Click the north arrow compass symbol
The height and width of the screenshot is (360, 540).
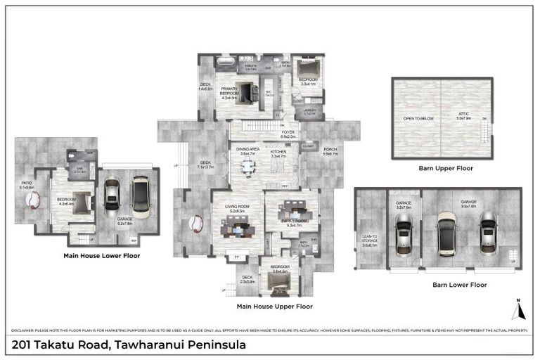(x=516, y=309)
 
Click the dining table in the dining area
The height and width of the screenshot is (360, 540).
(x=247, y=167)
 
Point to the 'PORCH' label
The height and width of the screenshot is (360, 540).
(x=329, y=151)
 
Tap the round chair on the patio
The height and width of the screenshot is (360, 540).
(x=32, y=200)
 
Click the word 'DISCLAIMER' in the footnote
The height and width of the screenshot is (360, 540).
(x=27, y=330)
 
